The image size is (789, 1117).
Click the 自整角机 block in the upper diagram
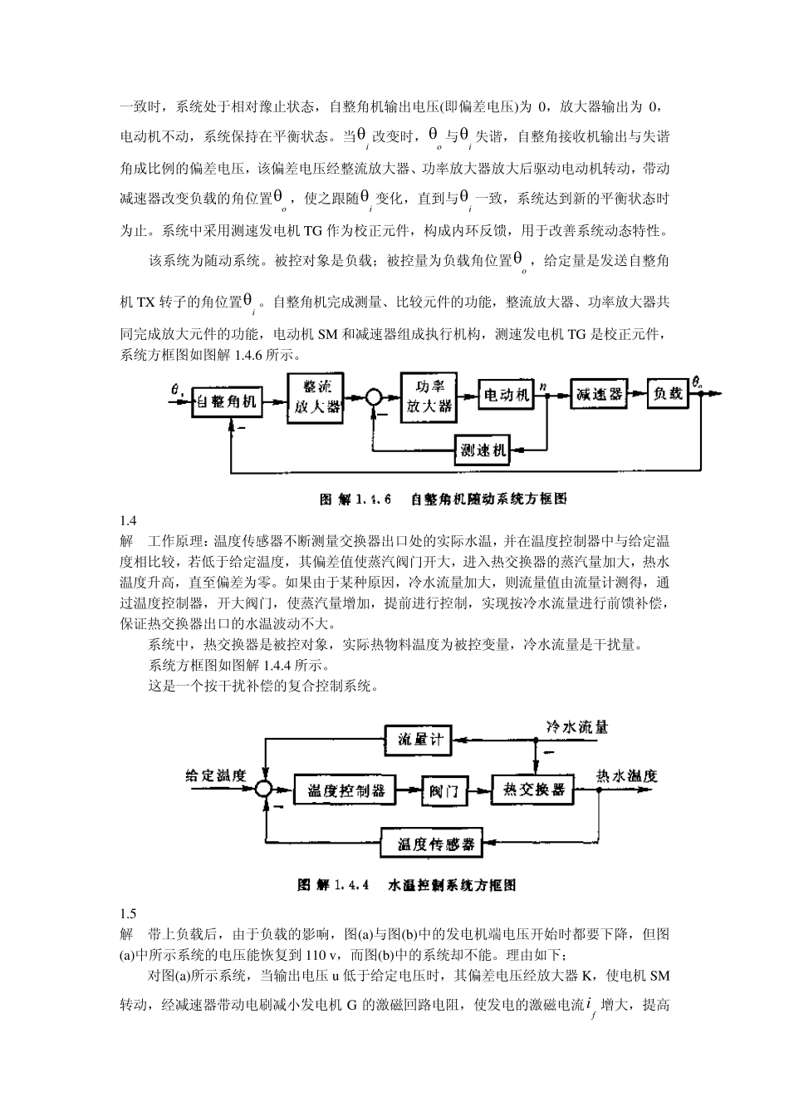[x=226, y=402]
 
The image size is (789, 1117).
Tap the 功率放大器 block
[x=429, y=396]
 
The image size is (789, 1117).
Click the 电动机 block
[x=506, y=396]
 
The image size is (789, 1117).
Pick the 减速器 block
[x=598, y=395]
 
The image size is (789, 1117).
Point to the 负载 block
[x=669, y=394]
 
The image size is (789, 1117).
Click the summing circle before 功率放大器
[x=375, y=398]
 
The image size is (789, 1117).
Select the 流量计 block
[x=420, y=739]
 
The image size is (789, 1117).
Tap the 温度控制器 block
[x=345, y=790]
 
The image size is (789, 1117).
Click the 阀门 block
[x=444, y=790]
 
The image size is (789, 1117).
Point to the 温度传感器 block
[x=435, y=844]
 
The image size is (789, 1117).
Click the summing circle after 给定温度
[x=265, y=790]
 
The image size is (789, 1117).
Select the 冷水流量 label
[x=576, y=726]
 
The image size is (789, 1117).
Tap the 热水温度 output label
[x=627, y=775]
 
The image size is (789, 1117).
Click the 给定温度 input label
[x=216, y=775]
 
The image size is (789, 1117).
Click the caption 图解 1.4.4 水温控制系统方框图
[x=406, y=885]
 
